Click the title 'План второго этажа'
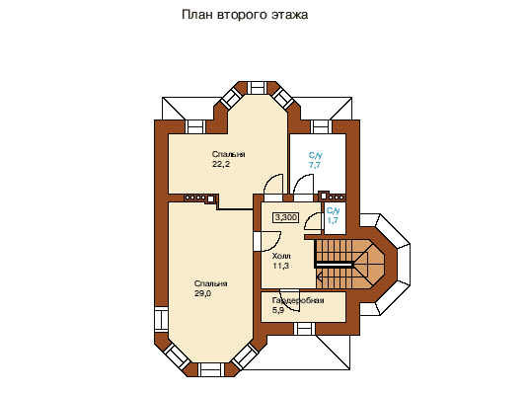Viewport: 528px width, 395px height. tap(245, 15)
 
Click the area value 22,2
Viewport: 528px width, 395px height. tap(221, 165)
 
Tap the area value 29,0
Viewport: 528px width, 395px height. tap(202, 293)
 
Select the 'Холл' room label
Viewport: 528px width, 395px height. tap(281, 256)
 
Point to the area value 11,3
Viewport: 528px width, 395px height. tap(281, 266)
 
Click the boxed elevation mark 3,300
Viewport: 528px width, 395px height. tap(286, 217)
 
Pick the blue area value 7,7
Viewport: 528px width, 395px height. tap(315, 165)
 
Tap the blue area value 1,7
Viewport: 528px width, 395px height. tap(333, 221)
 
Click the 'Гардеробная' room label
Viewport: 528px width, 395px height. tap(298, 300)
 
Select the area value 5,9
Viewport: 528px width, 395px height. tap(278, 310)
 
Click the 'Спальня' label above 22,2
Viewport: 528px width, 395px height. tap(229, 154)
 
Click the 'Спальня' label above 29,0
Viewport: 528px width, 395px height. tap(211, 283)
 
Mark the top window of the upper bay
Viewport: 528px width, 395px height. tap(258, 88)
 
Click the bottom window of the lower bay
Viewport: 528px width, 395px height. tap(211, 369)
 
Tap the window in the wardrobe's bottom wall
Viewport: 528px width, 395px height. tap(304, 329)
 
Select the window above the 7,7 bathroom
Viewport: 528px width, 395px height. tap(322, 126)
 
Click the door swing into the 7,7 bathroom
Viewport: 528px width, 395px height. tap(303, 185)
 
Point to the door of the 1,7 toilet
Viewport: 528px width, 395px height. tap(313, 222)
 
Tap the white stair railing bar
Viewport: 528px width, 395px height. tap(335, 265)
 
